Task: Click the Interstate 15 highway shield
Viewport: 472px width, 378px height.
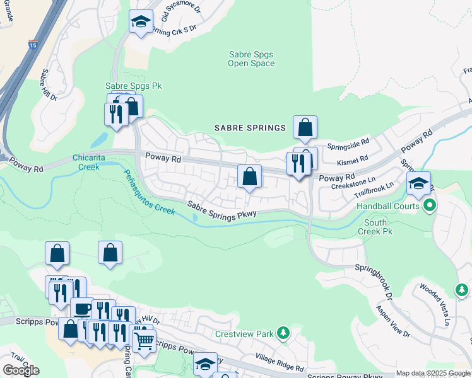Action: (33, 45)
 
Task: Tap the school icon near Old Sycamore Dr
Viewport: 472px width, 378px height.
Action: (140, 22)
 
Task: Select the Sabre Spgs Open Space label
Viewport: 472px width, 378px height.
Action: (251, 59)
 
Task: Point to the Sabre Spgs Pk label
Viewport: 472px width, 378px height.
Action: (126, 85)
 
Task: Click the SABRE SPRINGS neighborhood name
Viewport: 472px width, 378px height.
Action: (251, 128)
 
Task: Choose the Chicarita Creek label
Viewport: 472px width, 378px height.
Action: (88, 162)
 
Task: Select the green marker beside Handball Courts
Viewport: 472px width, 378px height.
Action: (430, 205)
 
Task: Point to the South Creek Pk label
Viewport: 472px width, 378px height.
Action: (375, 227)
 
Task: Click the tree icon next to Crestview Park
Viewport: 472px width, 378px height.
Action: (284, 332)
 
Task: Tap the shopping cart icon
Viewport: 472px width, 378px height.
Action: (145, 341)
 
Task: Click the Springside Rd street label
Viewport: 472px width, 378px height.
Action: (348, 144)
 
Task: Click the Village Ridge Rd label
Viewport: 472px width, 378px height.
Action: (280, 362)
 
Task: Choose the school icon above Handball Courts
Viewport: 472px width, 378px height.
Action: (418, 183)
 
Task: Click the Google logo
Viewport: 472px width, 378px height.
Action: (21, 370)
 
